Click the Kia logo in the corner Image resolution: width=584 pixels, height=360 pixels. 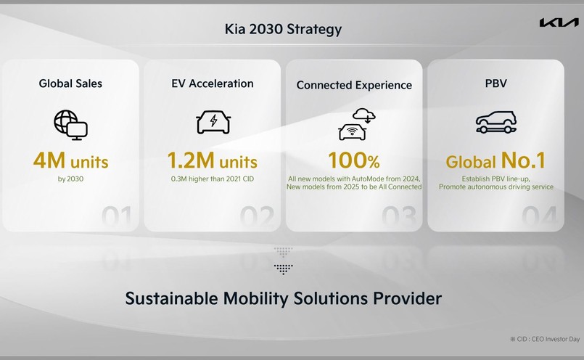(559, 22)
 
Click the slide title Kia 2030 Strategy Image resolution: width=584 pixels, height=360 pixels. (283, 29)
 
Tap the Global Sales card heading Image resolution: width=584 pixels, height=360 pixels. (70, 83)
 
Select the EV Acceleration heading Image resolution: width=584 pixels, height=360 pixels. (213, 83)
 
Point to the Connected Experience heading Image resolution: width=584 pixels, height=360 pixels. (354, 85)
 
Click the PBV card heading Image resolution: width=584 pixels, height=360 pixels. (495, 83)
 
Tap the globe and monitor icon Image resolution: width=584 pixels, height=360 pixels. (70, 125)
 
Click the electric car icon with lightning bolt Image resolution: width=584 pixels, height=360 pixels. (213, 122)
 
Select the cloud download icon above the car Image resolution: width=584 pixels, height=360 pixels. (364, 115)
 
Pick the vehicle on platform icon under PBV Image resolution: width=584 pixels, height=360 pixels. (496, 122)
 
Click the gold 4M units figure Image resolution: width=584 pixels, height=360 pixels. (71, 160)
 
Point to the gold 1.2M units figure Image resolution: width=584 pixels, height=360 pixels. (213, 160)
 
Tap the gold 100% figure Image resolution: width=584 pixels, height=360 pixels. (354, 160)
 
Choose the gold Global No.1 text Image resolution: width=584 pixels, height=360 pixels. (495, 160)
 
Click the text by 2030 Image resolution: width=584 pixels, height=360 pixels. (71, 179)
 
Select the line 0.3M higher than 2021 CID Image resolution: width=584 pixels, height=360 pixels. (213, 179)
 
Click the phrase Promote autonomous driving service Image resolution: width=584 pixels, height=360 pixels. (496, 187)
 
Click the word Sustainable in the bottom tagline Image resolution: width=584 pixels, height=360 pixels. (171, 298)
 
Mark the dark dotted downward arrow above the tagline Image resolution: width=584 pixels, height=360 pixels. (283, 269)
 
